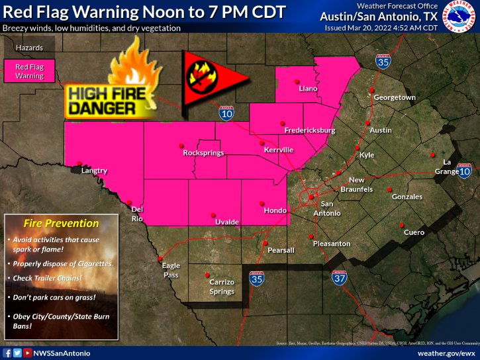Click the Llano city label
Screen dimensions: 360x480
(x=308, y=88)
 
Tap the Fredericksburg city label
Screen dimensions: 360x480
(x=309, y=130)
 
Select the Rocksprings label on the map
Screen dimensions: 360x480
(x=203, y=153)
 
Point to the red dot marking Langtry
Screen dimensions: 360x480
(x=79, y=163)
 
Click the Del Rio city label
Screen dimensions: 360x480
(x=137, y=214)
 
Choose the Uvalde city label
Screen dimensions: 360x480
(x=226, y=222)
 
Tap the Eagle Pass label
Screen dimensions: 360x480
(x=171, y=270)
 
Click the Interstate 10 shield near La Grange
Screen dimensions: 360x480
(x=467, y=171)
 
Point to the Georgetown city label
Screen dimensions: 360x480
(x=395, y=97)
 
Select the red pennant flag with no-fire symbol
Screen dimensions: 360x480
(x=212, y=76)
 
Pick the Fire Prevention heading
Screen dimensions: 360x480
(x=61, y=224)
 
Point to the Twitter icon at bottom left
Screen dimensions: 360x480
(x=17, y=353)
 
